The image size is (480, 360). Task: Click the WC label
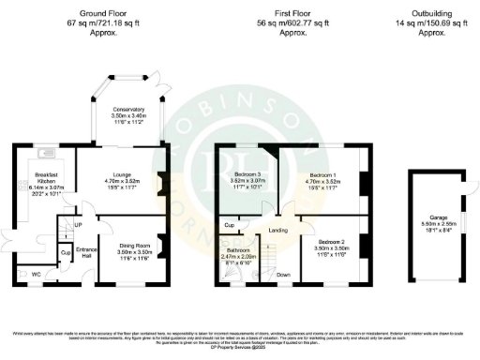point(37,274)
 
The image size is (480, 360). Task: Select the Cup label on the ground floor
point(64,252)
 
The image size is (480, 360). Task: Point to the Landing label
point(277,231)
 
